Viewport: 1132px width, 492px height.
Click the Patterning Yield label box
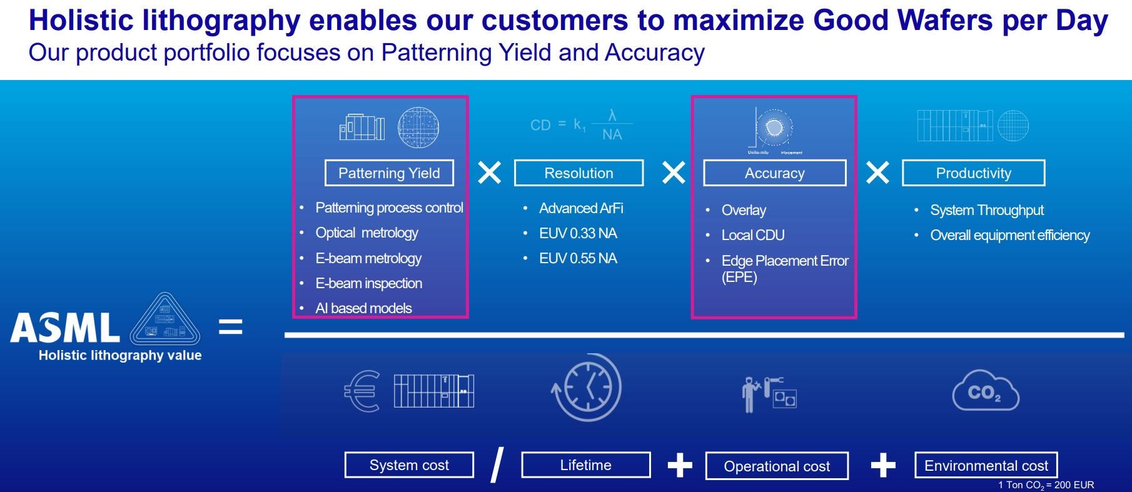coord(389,173)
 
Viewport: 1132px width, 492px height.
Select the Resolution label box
coord(579,173)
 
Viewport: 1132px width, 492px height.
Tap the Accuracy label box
coord(774,173)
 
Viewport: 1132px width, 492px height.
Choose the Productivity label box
coord(973,173)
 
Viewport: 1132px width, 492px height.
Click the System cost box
coord(409,465)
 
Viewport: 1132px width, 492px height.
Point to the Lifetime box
coord(585,465)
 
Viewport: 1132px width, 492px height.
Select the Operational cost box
coord(777,466)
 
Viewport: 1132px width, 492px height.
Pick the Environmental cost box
coord(986,466)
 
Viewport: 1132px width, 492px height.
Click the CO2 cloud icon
coord(985,391)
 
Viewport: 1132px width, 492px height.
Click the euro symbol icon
coord(362,391)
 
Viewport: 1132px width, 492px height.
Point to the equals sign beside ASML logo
coord(230,326)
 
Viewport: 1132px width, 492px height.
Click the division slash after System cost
coord(497,465)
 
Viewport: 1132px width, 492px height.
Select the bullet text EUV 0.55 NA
coord(578,258)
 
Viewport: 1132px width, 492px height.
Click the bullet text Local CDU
coord(753,235)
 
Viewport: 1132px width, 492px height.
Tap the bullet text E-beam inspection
coord(368,283)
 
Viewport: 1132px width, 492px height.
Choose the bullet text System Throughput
coord(987,210)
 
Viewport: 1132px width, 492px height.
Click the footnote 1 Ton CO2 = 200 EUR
coord(1046,485)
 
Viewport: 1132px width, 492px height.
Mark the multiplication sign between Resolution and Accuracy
coord(673,173)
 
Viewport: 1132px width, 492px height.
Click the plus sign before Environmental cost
coord(882,466)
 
